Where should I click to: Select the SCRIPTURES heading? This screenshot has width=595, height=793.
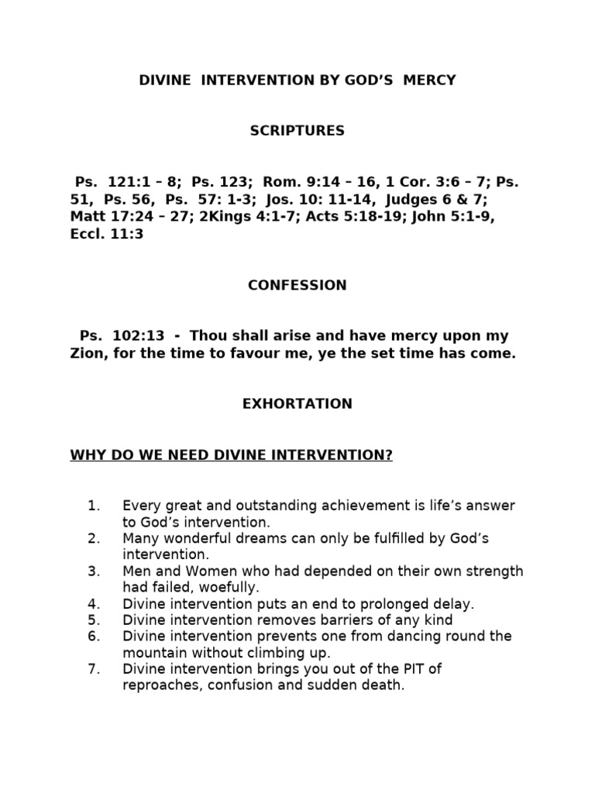pyautogui.click(x=297, y=131)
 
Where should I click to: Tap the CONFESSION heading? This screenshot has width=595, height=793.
pyautogui.click(x=297, y=285)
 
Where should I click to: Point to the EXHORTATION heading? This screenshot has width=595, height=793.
pyautogui.click(x=297, y=403)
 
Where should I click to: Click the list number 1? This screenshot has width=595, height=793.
pyautogui.click(x=94, y=506)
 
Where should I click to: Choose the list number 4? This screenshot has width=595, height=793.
pyautogui.click(x=94, y=603)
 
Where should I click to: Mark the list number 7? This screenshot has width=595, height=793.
pyautogui.click(x=94, y=668)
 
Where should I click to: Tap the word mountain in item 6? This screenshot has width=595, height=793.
pyautogui.click(x=153, y=652)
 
